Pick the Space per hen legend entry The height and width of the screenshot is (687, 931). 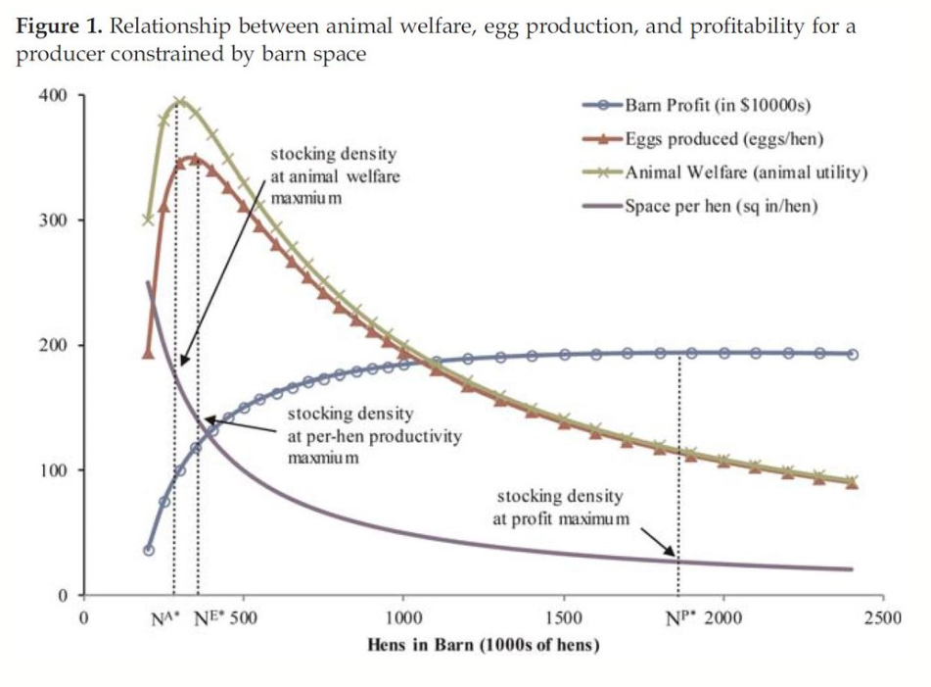pos(720,207)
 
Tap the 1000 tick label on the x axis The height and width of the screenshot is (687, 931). pos(403,618)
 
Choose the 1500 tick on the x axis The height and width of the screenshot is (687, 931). pos(563,618)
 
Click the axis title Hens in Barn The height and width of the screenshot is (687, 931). pos(483,645)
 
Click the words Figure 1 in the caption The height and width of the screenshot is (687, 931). pos(58,25)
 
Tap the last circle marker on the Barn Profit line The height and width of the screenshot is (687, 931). pos(853,354)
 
